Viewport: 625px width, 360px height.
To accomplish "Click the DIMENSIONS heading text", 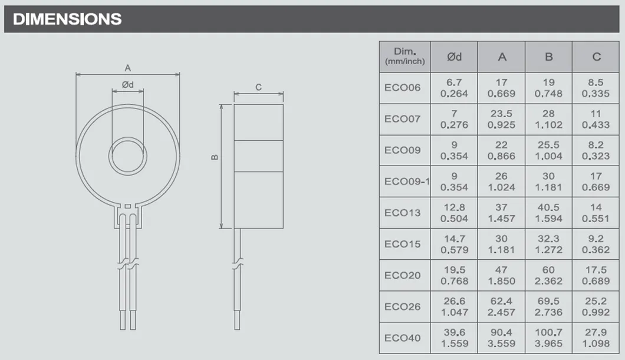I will pyautogui.click(x=67, y=19).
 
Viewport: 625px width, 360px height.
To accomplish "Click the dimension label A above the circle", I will pyautogui.click(x=127, y=68).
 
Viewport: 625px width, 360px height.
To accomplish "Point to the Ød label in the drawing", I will pyautogui.click(x=128, y=85).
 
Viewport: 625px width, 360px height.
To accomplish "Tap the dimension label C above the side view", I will pyautogui.click(x=258, y=87).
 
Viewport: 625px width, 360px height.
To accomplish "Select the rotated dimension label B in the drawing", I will pyautogui.click(x=215, y=157).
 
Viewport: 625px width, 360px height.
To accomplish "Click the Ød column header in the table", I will pyautogui.click(x=454, y=57).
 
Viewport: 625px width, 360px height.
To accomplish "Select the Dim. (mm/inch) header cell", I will pyautogui.click(x=404, y=57).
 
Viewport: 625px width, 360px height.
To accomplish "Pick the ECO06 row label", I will pyautogui.click(x=403, y=88).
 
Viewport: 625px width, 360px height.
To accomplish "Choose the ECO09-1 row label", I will pyautogui.click(x=406, y=181).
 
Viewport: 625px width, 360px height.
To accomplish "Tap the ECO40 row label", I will pyautogui.click(x=403, y=338).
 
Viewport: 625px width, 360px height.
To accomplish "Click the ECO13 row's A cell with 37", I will pyautogui.click(x=502, y=213).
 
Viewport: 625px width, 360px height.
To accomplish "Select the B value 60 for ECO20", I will pyautogui.click(x=549, y=275).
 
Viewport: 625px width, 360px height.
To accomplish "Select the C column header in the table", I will pyautogui.click(x=596, y=57).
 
